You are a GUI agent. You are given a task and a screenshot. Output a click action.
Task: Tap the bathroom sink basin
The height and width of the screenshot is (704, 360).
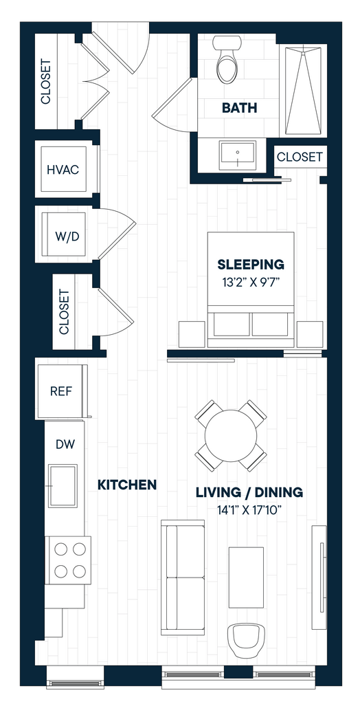[x=237, y=155]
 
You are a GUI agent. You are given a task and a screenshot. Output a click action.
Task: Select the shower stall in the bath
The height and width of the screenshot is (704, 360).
[x=304, y=91]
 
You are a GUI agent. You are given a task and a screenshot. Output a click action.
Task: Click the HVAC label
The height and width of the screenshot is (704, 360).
[x=63, y=170]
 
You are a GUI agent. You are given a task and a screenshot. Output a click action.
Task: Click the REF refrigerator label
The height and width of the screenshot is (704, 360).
[x=61, y=391]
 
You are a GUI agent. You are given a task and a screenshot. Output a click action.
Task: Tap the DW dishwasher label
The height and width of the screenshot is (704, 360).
[x=65, y=444]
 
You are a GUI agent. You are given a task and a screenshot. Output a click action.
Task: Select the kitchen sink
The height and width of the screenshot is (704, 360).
[x=63, y=486]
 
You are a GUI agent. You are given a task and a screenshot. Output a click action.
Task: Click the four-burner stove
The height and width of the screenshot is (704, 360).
[x=68, y=560]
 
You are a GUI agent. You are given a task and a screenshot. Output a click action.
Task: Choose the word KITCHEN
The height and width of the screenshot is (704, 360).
[x=128, y=485]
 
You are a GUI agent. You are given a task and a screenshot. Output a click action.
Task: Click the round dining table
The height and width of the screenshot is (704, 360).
[x=231, y=435]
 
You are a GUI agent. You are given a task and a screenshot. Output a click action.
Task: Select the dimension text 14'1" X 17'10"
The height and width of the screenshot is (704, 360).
[x=249, y=510]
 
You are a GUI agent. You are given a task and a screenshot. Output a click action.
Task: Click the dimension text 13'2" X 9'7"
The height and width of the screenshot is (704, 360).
[x=251, y=283]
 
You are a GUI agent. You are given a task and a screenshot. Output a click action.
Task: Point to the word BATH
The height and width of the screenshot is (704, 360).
[x=240, y=108]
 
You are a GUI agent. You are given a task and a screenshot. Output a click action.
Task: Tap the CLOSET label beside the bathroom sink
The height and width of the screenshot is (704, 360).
[x=300, y=157]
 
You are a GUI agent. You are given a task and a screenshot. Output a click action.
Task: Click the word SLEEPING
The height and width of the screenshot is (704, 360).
[x=251, y=265]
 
